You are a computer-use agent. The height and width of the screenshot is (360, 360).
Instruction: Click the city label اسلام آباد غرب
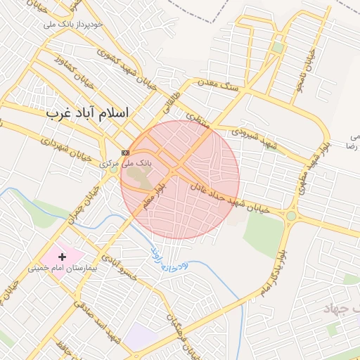point(88,112)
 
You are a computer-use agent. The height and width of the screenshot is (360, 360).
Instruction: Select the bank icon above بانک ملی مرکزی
point(125,152)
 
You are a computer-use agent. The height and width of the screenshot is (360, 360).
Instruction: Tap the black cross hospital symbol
point(62,257)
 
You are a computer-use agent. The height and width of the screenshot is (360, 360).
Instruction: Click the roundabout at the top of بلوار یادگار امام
point(290,216)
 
